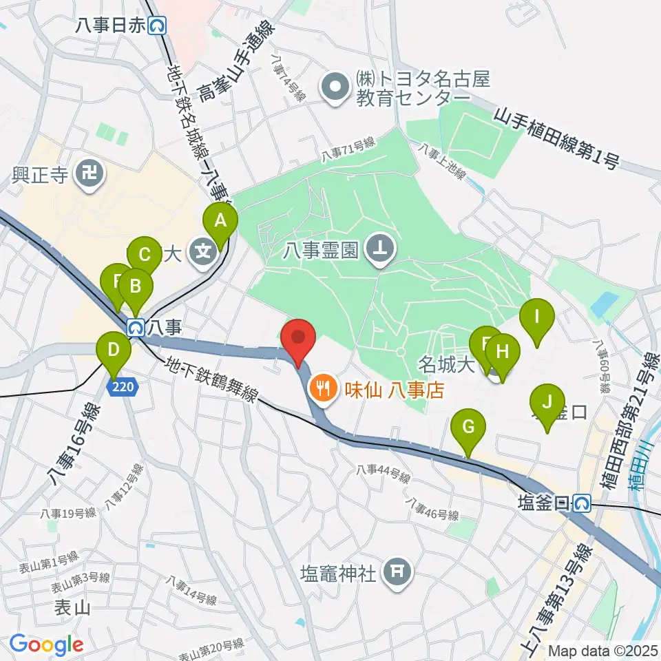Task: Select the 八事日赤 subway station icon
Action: click(x=159, y=26)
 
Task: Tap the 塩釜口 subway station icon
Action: click(x=583, y=503)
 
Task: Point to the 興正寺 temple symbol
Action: click(x=89, y=172)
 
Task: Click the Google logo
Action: click(x=46, y=644)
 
